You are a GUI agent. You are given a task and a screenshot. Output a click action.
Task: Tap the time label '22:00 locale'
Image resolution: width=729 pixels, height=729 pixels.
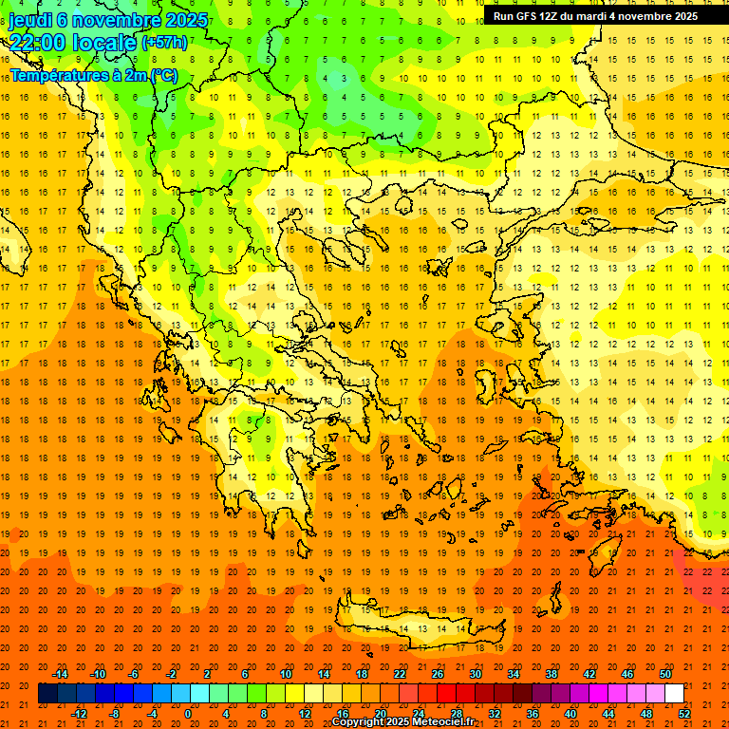[x=72, y=42]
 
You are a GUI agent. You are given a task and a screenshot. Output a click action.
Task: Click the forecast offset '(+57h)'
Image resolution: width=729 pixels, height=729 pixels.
[x=164, y=43]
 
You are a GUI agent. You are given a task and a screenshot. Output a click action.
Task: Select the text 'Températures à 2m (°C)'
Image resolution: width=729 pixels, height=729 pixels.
[x=93, y=75]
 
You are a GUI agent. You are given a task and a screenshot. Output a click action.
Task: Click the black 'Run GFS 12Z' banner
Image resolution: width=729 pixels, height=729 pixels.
[x=595, y=16]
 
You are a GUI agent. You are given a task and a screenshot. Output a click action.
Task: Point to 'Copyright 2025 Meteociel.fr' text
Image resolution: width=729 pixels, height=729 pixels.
[x=402, y=722]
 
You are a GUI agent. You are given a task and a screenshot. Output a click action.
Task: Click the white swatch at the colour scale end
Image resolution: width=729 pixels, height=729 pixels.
[x=675, y=694]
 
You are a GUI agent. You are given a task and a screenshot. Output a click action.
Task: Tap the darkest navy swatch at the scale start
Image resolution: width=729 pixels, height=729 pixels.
[x=47, y=694]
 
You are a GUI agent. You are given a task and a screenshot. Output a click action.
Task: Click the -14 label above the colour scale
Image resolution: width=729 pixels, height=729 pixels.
[x=60, y=674]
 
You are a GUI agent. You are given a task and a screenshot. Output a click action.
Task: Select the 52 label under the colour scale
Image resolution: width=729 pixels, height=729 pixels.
[x=684, y=713]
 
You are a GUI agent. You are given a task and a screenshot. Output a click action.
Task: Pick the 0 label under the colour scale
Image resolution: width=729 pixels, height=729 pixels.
[x=188, y=713]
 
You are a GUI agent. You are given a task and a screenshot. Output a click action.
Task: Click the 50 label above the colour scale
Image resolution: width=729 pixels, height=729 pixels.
[x=665, y=674]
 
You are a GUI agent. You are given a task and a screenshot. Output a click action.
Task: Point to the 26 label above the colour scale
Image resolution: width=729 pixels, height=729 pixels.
[x=438, y=674]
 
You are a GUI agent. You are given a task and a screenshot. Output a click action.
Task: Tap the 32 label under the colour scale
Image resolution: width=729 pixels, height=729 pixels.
[x=495, y=713]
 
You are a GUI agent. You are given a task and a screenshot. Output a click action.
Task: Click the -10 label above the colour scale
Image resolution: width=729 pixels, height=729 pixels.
[x=97, y=674]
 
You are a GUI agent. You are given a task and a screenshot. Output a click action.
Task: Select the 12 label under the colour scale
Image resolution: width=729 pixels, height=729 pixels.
[x=305, y=713]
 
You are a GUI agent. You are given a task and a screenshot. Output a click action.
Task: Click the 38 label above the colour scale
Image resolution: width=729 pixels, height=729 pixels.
[x=551, y=674]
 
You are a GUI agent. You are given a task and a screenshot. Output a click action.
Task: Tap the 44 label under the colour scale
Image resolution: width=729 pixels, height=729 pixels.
[x=608, y=713]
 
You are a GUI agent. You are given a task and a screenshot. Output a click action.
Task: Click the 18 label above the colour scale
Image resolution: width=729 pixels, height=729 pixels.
[x=362, y=674]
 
